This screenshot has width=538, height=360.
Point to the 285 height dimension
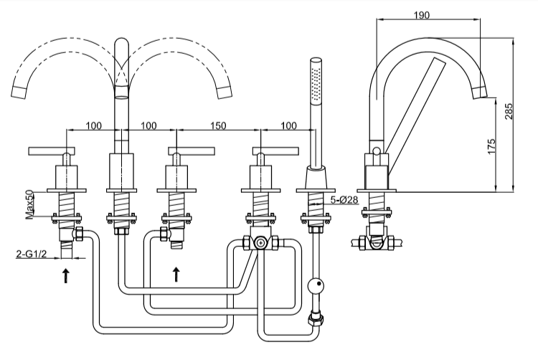tap(509, 112)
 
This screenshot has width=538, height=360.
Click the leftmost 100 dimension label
tap(93, 125)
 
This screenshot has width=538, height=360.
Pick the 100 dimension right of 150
tap(288, 125)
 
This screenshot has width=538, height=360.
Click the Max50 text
tap(30, 204)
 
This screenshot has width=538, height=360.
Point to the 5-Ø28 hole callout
tap(344, 201)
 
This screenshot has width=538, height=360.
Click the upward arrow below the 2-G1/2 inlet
tap(66, 275)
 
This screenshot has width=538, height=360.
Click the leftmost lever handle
tap(52, 151)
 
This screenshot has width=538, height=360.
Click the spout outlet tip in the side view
tap(481, 91)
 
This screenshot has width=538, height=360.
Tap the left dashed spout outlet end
tap(22, 91)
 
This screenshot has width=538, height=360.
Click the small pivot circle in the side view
tap(375, 151)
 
